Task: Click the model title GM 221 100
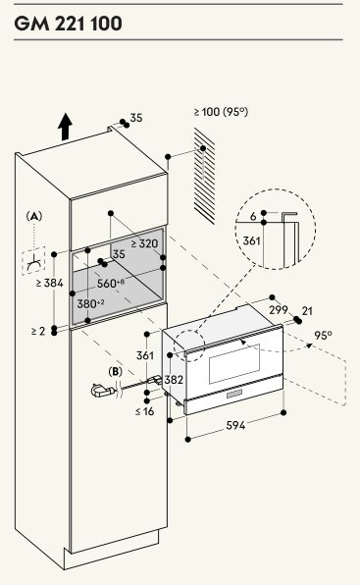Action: tap(69, 24)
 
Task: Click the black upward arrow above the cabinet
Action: tap(65, 127)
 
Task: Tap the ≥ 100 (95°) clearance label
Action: tap(221, 112)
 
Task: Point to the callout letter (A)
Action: tap(34, 216)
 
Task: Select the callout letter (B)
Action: tap(115, 372)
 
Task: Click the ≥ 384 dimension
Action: tap(50, 283)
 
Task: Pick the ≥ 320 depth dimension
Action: tap(144, 243)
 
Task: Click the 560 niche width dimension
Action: tap(111, 283)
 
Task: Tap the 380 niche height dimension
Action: tap(90, 303)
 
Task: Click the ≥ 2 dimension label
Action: tap(38, 331)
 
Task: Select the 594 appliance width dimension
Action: tap(235, 425)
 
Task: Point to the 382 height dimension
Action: tap(174, 380)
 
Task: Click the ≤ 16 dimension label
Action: tap(145, 411)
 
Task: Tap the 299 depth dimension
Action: tap(279, 309)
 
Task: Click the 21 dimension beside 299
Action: tap(307, 311)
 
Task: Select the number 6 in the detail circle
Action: tap(253, 216)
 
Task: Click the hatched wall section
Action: tap(204, 176)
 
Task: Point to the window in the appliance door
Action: tap(234, 364)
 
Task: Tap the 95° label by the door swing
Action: tap(323, 335)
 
